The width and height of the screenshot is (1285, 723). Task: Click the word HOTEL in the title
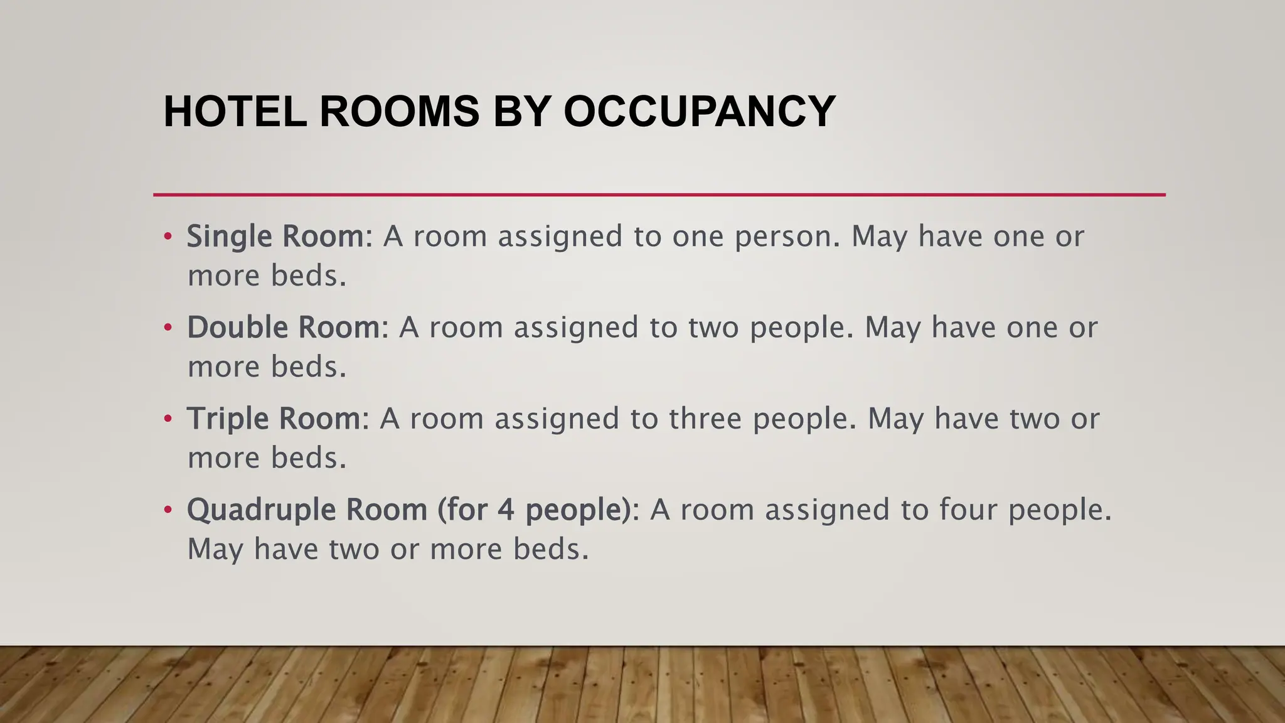point(235,112)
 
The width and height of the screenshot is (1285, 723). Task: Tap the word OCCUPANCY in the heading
point(699,112)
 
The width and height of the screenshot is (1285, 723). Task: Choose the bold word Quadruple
point(261,510)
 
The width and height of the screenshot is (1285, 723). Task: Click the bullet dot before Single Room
point(167,237)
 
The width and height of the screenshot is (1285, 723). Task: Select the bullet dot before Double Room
point(167,328)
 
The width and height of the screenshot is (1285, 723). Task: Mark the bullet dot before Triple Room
point(167,419)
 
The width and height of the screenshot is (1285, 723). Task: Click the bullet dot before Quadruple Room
point(167,510)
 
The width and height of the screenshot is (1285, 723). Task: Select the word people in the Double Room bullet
point(801,328)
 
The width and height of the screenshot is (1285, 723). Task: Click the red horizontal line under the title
point(659,195)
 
